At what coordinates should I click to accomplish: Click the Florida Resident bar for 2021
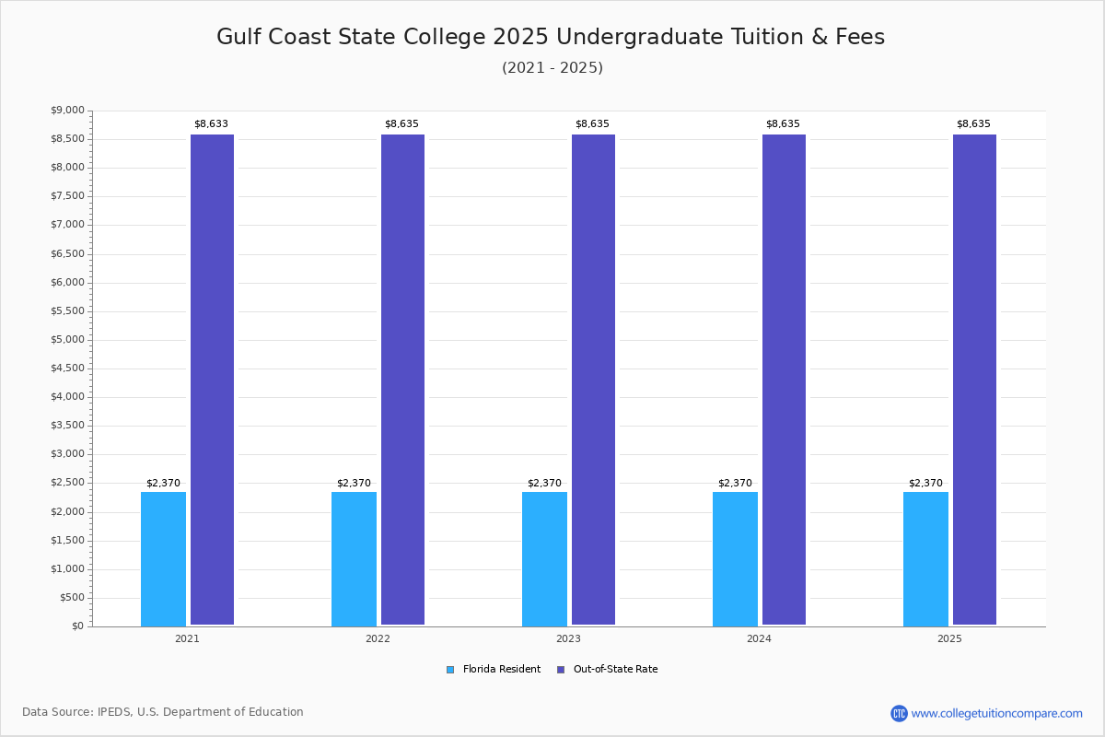163,558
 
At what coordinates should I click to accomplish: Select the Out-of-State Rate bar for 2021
212,380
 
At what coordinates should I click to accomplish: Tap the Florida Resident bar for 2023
544,558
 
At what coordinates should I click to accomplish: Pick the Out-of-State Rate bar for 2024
784,380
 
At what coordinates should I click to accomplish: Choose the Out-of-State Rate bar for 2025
974,380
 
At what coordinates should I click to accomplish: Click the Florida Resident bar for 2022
354,558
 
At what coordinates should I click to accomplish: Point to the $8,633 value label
211,123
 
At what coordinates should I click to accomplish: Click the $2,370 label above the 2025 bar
925,483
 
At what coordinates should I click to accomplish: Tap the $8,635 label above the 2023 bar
592,123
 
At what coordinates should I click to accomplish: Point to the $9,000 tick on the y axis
67,111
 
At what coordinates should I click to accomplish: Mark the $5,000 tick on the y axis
67,339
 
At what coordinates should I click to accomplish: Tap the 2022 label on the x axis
378,638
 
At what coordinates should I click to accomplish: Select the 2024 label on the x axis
759,638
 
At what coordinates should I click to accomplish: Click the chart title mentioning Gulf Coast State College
551,37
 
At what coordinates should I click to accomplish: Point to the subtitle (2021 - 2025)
552,67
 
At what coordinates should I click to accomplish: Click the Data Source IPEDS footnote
163,712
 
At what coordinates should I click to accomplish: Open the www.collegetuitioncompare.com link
996,713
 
